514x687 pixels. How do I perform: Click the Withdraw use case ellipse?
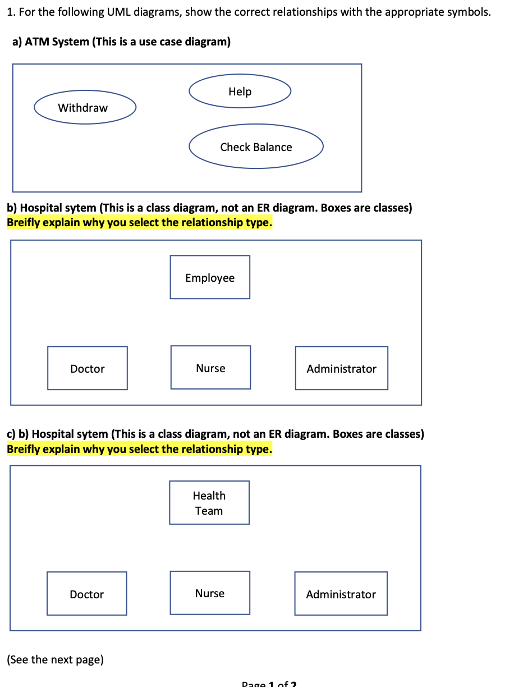(x=85, y=108)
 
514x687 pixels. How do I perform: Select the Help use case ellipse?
(x=240, y=91)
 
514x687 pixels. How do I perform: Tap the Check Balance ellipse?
(x=256, y=146)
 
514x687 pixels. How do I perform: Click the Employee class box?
(x=210, y=277)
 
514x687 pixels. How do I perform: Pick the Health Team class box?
(x=209, y=503)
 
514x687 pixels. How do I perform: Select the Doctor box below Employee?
(x=88, y=368)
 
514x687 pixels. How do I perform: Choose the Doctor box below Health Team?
(x=87, y=594)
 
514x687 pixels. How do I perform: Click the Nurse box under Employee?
(x=210, y=368)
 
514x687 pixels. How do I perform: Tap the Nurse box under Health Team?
(x=210, y=593)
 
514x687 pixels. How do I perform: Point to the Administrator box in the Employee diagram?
(x=341, y=368)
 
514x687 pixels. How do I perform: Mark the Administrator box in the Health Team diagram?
(x=341, y=594)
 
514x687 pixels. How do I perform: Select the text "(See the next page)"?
(x=55, y=659)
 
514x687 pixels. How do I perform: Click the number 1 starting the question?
(x=11, y=12)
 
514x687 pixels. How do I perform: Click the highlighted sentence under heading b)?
(x=139, y=223)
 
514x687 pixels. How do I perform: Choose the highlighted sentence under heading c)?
(x=139, y=449)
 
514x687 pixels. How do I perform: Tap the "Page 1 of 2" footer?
(x=269, y=684)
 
